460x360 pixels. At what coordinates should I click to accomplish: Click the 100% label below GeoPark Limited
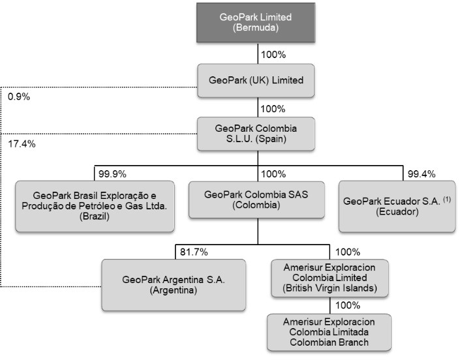click(273, 54)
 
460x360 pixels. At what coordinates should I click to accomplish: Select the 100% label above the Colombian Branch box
click(348, 305)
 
